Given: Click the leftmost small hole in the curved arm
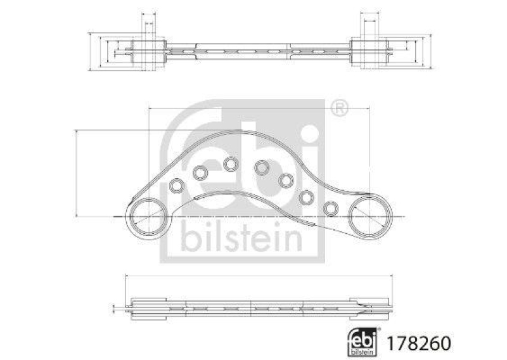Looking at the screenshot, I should point(177,186).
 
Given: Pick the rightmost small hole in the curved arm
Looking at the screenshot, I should point(331,209).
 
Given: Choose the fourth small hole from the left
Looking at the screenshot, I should point(261,167).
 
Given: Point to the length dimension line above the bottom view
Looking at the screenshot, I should point(253,276).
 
